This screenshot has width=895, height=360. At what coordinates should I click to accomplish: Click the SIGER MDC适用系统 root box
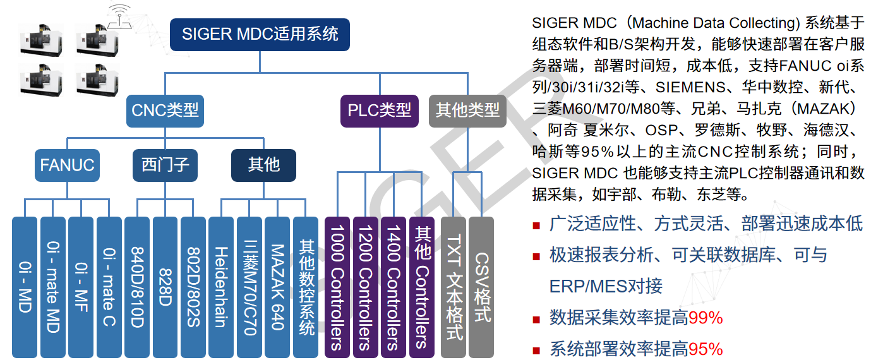tap(260, 34)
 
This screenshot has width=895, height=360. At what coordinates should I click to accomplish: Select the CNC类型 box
tap(165, 111)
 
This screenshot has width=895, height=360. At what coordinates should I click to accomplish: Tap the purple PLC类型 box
tap(379, 111)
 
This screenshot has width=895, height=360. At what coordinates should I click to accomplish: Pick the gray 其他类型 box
tap(467, 111)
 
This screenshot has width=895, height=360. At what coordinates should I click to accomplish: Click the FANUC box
tap(67, 165)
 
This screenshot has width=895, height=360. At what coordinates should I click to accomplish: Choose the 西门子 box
tap(165, 165)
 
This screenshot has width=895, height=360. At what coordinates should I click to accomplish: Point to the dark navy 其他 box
tap(264, 165)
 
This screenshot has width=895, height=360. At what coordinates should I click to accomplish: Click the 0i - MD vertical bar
tap(25, 287)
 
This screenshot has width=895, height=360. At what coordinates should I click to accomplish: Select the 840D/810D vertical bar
tap(137, 287)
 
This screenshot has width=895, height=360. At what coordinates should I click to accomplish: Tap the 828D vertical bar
tap(165, 287)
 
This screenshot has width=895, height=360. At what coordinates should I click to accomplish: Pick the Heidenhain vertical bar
tap(221, 287)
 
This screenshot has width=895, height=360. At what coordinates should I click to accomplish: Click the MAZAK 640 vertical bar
tap(277, 287)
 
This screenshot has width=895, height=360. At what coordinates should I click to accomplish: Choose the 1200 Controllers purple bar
tap(366, 287)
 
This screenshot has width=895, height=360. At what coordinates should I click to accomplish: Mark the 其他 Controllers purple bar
tap(422, 287)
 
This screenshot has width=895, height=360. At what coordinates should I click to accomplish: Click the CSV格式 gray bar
tap(481, 287)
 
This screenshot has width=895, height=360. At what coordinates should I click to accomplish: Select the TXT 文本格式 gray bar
tap(454, 287)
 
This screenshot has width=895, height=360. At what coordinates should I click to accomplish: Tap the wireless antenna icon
tap(119, 16)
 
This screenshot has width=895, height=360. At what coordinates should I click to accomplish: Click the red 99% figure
tap(706, 318)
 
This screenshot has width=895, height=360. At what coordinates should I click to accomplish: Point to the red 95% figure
tap(706, 349)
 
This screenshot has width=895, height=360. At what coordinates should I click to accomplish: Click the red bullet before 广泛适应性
tap(536, 226)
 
